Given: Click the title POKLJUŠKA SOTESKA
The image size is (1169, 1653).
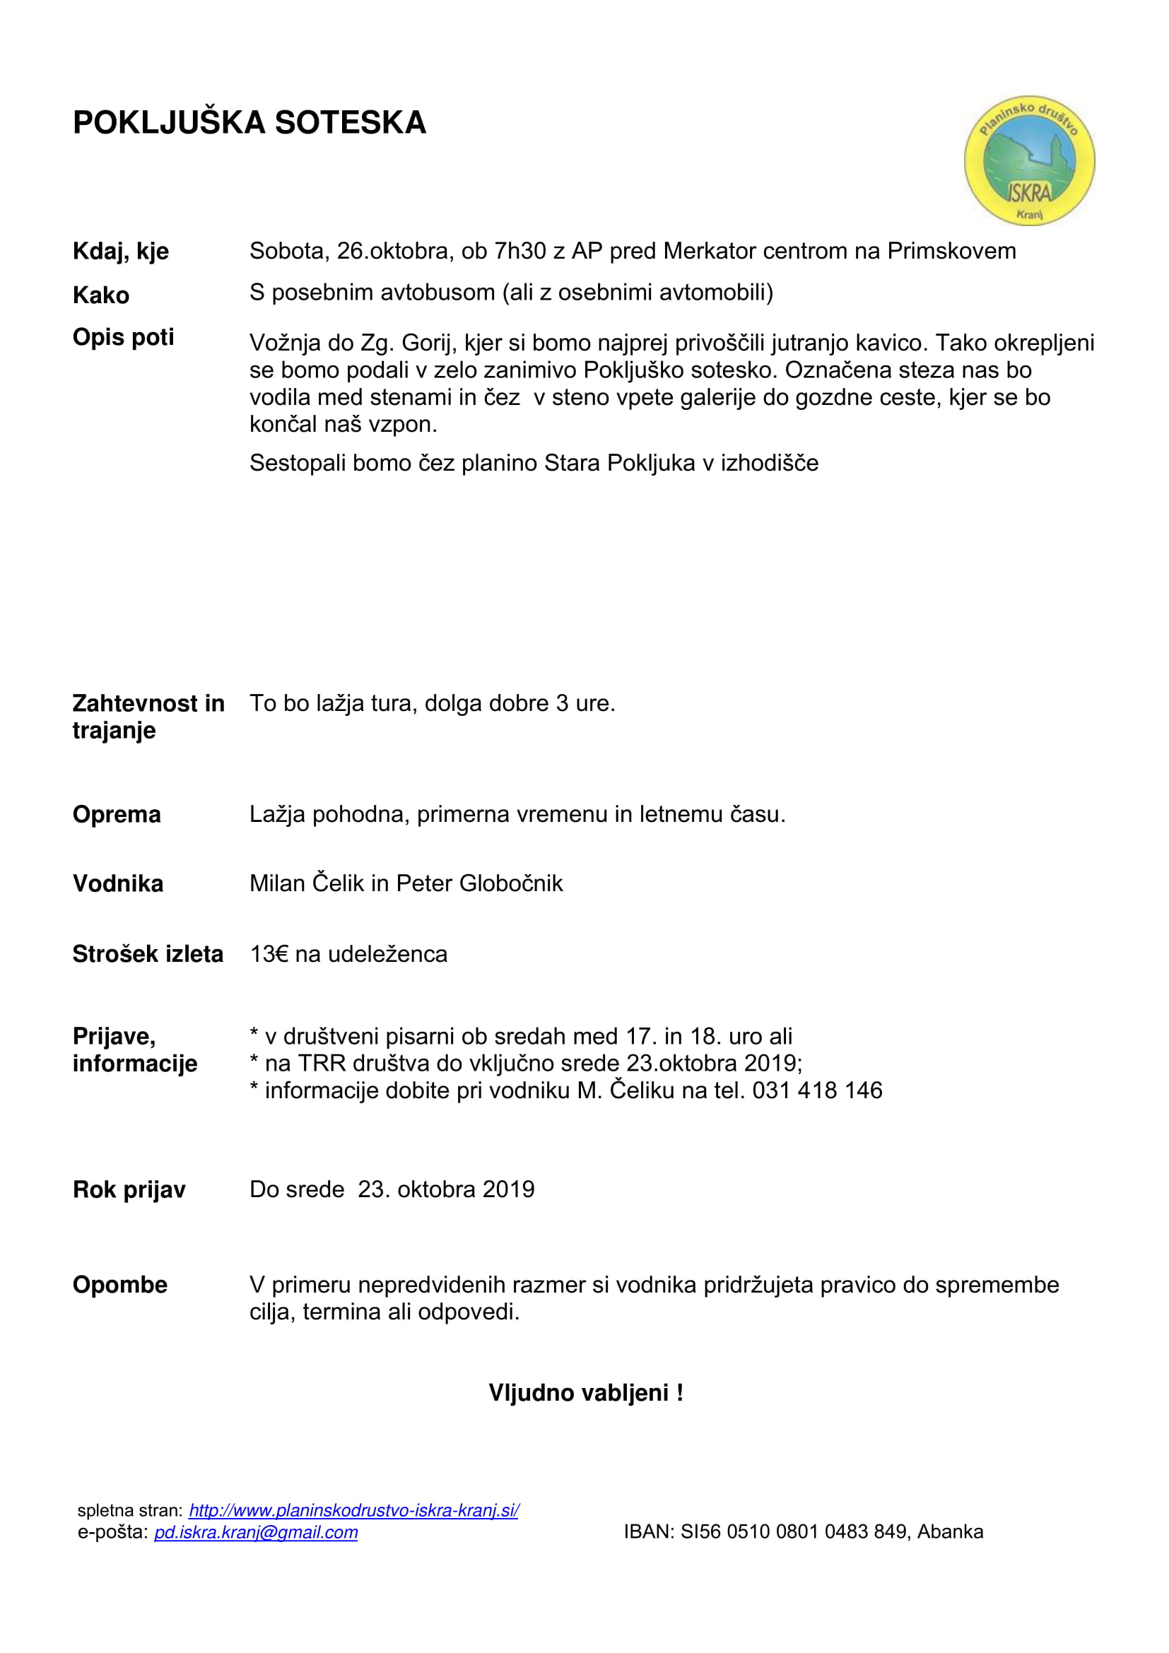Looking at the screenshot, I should pos(249,122).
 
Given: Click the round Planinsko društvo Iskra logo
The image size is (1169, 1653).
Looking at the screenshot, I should pos(1028,160).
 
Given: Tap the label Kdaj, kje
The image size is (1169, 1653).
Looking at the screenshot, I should pos(121,252).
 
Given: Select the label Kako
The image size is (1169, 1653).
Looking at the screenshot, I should pos(101,295).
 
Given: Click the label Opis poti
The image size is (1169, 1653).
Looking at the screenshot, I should pos(123,337).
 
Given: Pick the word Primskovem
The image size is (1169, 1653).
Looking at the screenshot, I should pos(951,251).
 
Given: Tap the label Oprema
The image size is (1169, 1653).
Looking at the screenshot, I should pos(117,814).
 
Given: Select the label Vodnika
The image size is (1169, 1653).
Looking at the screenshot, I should pos(118,883).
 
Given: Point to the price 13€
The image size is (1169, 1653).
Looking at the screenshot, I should pos(269,954).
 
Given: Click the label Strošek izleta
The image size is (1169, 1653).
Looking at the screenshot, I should pos(148,954).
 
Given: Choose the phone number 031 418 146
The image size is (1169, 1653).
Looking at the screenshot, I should pos(817,1090).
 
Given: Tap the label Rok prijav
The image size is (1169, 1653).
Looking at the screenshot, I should pos(129,1189).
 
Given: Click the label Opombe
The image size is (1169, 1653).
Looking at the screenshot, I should pos(120,1284).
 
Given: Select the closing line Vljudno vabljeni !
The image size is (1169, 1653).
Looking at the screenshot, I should pos(585,1392).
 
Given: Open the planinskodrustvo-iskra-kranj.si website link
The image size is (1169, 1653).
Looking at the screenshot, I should pos(353,1510).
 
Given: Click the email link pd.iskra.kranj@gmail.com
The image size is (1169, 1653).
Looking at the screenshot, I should pos(256,1531).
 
